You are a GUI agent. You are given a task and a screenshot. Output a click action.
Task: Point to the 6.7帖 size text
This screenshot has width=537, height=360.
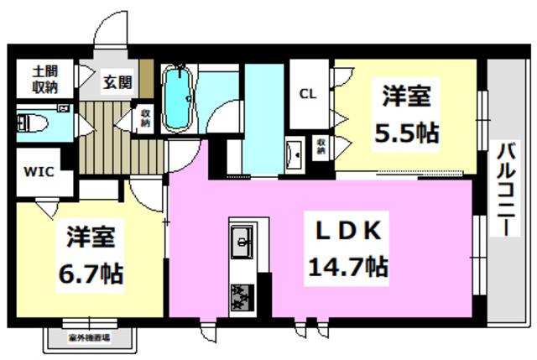91,273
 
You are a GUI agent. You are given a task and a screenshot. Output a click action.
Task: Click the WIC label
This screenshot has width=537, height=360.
38,172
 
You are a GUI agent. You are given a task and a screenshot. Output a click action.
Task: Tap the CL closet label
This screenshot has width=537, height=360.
308,94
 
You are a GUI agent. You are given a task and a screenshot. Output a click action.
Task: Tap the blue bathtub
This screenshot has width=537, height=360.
177,99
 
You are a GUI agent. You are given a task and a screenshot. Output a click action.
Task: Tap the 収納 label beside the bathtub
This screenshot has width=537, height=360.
145,118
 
